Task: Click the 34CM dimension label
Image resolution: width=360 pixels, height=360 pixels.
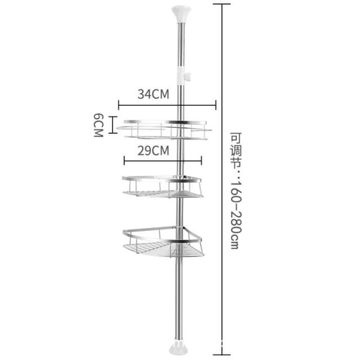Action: point(154,94)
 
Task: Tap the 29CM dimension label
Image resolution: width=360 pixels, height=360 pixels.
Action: point(154,151)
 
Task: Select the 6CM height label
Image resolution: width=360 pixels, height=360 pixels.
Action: point(98,125)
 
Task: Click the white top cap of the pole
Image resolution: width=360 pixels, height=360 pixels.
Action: point(181,15)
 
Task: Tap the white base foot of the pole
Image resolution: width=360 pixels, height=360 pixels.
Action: point(178,346)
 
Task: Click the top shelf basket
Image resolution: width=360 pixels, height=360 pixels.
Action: point(164,129)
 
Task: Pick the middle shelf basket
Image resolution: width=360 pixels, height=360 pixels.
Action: point(163,186)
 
